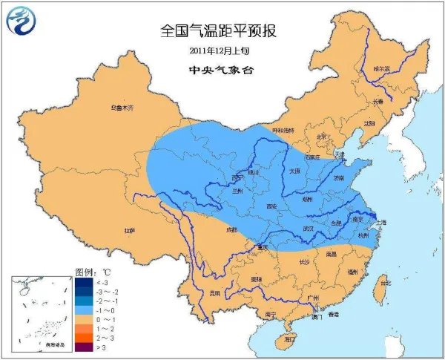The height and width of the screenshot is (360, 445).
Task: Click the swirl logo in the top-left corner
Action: coord(22,22)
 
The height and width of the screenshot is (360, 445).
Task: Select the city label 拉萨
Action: coord(130,230)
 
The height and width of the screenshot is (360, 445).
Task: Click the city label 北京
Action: coord(321,137)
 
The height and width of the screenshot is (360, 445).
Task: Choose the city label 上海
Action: coord(382,221)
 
